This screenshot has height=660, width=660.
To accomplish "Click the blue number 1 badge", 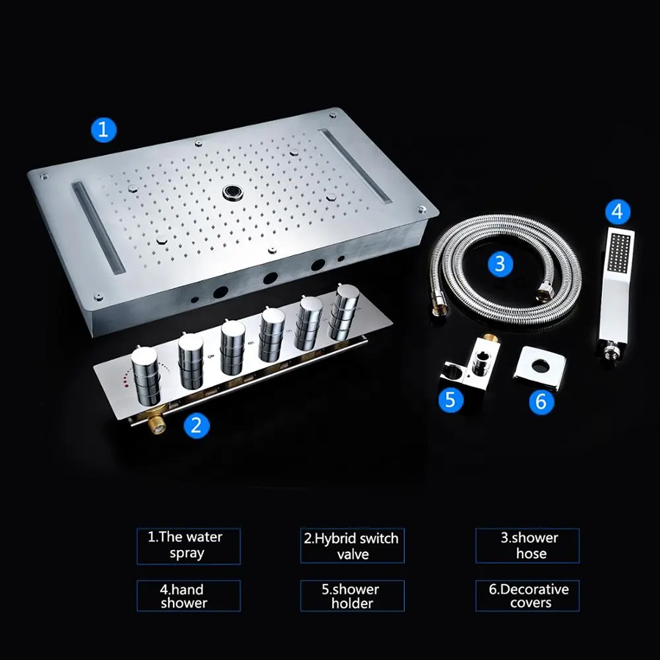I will coord(103,130).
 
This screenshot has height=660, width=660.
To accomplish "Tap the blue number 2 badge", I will coord(196,425).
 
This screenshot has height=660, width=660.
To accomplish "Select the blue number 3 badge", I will coord(500,264).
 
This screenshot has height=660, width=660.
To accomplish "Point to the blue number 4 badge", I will coord(617,212).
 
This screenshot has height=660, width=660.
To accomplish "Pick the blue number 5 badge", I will coord(450,399).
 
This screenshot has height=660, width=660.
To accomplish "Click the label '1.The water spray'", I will coord(188,546).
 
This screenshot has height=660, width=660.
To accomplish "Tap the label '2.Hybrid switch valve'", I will coord(352,546).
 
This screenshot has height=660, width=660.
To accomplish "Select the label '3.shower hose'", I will coord(527,546).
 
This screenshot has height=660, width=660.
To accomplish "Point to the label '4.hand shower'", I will coord(188,596).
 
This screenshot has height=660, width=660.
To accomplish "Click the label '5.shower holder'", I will coord(352,596).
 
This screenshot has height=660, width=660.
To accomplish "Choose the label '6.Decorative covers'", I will coord(527,596).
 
